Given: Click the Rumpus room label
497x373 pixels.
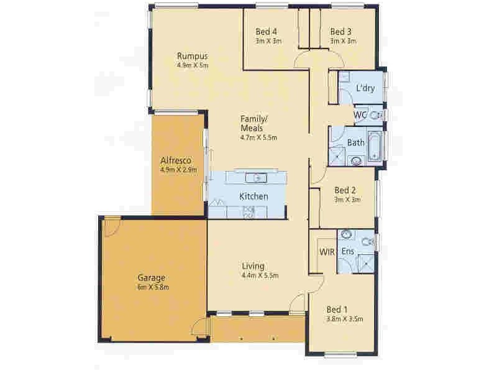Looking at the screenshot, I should [191, 55].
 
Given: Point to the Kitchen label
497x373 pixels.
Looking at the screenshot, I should [253, 197].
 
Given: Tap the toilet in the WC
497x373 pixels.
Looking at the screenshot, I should [375, 115].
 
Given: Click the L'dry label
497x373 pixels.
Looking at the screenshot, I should [365, 89].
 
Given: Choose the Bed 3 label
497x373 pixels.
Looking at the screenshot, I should [341, 32].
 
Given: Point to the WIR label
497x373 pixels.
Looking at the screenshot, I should [327, 252].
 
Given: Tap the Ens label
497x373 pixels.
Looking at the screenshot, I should [349, 252].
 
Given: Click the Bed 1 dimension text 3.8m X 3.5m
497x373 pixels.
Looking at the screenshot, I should [344, 320].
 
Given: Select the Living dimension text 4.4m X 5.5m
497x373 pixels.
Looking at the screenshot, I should [260, 275].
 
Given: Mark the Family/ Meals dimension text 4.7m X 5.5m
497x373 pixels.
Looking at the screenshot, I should [258, 138].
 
